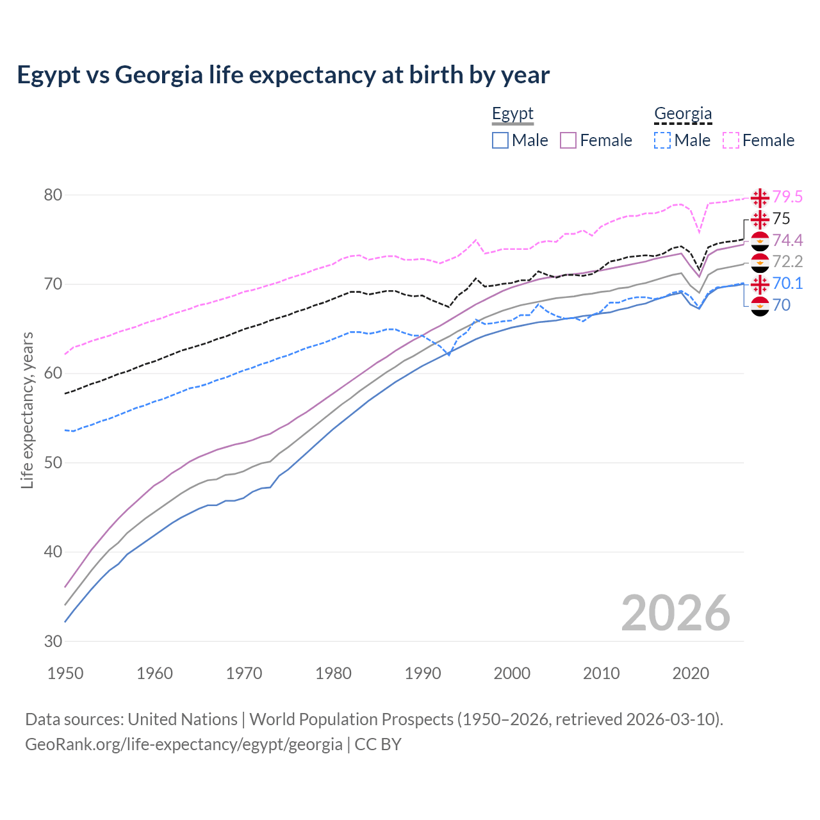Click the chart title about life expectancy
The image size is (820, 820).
tap(283, 75)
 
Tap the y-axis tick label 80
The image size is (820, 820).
tap(53, 195)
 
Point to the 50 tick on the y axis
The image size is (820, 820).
tap(53, 463)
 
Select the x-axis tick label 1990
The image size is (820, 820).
tap(423, 673)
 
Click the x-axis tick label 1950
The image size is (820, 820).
tap(66, 673)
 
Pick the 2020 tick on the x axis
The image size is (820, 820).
tap(691, 673)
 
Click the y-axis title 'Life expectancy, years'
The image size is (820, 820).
tap(28, 410)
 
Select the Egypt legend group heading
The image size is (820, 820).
tap(512, 114)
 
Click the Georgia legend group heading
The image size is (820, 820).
tap(683, 114)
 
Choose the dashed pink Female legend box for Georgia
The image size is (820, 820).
tap(731, 140)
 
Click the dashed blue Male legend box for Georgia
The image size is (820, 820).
tap(662, 140)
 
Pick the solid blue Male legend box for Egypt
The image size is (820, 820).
tap(500, 140)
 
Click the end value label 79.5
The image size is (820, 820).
tap(787, 197)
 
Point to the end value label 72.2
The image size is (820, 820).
tap(787, 261)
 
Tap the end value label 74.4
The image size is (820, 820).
tap(787, 240)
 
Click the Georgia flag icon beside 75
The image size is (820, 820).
tap(760, 219)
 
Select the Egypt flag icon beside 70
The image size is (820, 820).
tap(760, 306)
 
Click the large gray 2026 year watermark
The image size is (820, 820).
tap(675, 613)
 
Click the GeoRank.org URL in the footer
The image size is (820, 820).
tap(184, 744)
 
